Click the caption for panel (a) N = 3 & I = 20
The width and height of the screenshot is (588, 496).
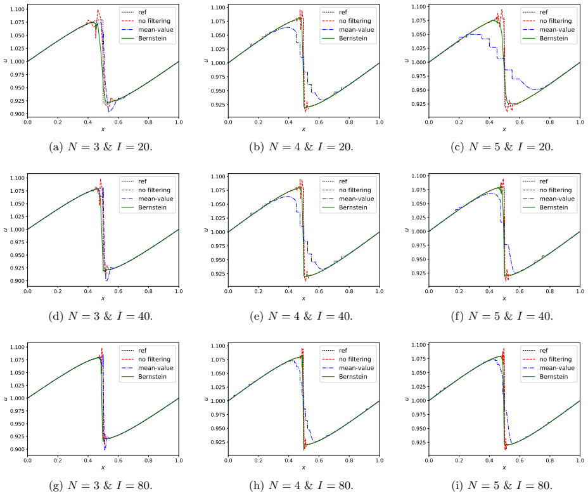tap(101, 147)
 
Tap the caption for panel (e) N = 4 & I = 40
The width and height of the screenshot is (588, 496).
tap(301, 316)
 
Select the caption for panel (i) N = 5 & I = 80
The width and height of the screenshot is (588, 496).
tap(502, 485)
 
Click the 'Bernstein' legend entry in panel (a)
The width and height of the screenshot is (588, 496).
tap(152, 38)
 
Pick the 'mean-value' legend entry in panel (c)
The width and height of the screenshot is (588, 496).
tap(557, 30)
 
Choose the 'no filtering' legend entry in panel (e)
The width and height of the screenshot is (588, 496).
tap(355, 190)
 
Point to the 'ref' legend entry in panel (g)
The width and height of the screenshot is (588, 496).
tap(142, 350)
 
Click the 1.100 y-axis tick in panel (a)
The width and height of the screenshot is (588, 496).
tap(17, 9)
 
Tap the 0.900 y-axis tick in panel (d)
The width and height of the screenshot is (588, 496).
tap(17, 281)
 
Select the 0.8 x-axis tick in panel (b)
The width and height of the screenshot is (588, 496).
tap(349, 122)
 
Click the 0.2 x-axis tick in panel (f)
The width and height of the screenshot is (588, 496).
tap(459, 291)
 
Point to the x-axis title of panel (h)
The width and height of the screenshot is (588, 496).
tap(304, 467)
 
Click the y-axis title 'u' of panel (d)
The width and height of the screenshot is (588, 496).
tap(5, 230)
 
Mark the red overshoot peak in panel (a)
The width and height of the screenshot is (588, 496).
tap(98, 11)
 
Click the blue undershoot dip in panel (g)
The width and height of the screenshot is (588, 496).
tap(105, 450)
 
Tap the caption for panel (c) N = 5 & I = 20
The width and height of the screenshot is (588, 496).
tap(502, 147)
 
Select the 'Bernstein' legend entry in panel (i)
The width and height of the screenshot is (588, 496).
tap(554, 377)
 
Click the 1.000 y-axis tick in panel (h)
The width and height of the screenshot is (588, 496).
tap(218, 401)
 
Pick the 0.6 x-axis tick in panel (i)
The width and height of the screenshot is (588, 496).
tap(520, 460)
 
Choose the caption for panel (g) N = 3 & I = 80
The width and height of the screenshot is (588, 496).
tap(101, 485)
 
